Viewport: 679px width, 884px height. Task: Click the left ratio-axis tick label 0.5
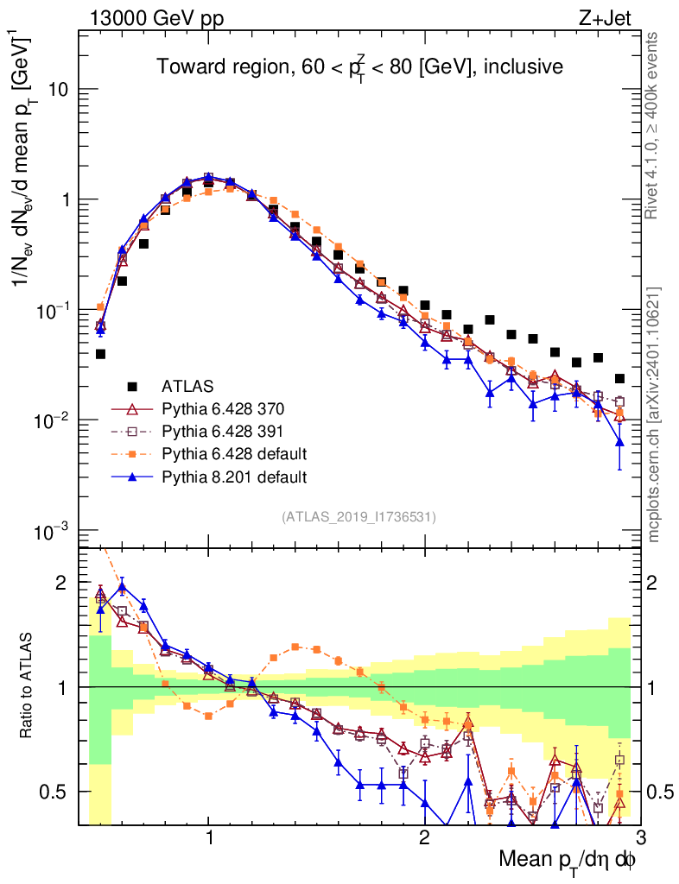coord(59,792)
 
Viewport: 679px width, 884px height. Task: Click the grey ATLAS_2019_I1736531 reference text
coord(359,517)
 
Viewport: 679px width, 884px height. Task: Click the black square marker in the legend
coord(131,386)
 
